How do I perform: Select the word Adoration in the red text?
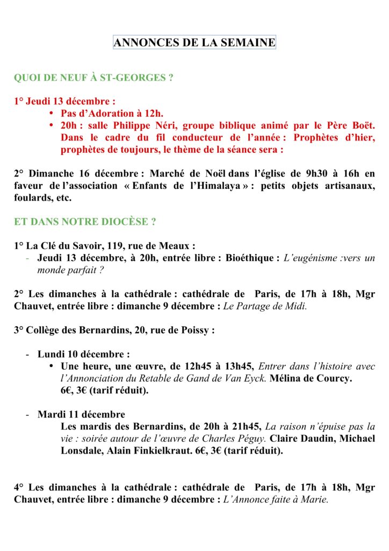point(111,113)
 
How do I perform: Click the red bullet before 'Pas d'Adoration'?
point(51,113)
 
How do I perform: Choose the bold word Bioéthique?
point(252,258)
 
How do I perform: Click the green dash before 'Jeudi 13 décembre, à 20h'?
point(27,258)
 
